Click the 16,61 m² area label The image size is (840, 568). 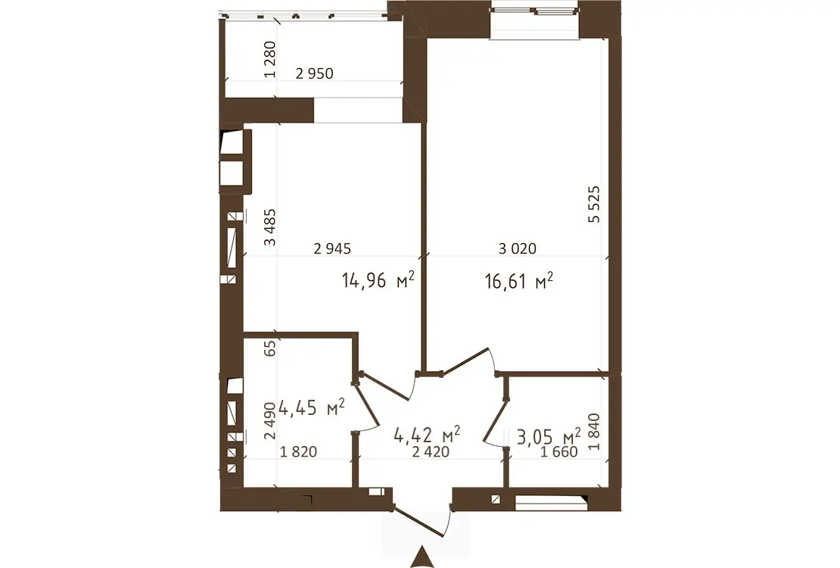(518, 280)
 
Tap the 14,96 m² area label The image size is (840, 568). (378, 279)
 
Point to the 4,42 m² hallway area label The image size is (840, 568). (427, 435)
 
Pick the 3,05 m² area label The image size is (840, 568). (549, 436)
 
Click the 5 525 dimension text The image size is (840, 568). (593, 204)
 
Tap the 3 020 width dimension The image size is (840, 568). (517, 248)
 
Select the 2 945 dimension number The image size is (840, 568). (332, 248)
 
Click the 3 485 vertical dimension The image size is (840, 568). (270, 227)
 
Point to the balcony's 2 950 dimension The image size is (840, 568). (315, 73)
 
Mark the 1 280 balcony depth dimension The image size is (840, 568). (270, 60)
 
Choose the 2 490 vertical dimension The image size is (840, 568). (270, 421)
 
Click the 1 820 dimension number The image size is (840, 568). (298, 452)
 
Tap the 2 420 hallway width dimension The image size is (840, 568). (431, 452)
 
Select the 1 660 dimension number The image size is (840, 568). (559, 452)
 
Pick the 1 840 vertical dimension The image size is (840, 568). (593, 432)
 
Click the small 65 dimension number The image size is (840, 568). (270, 348)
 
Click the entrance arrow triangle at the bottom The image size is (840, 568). (422, 557)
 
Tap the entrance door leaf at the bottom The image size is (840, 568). (419, 520)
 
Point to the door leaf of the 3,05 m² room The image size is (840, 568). (494, 421)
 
